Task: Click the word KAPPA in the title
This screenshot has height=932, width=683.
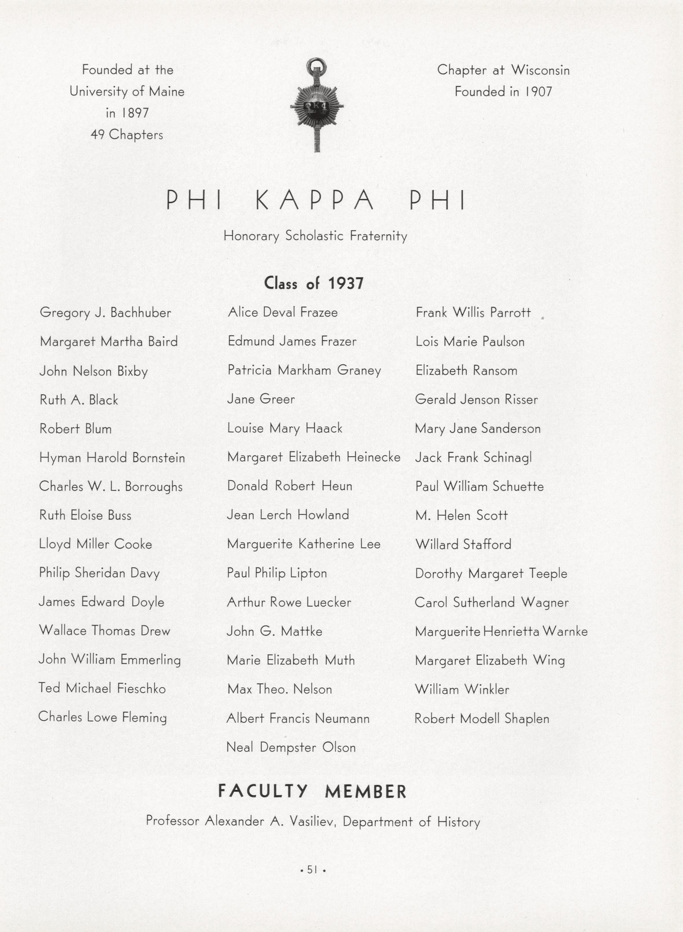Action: point(315,201)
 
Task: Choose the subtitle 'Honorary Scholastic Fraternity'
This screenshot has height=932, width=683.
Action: point(315,236)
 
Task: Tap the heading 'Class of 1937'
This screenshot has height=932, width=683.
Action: point(314,284)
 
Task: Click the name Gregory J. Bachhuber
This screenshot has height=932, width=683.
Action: point(105,312)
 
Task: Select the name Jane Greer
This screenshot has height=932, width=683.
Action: point(261,399)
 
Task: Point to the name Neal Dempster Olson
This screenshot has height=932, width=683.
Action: point(291,747)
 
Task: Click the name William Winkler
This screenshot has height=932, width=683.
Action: point(462,689)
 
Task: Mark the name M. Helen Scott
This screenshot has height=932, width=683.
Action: point(461,515)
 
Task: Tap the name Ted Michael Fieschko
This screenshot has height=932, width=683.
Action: point(102,688)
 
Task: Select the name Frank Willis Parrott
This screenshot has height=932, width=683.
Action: point(473,312)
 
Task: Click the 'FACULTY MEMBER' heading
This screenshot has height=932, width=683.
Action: point(312,791)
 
